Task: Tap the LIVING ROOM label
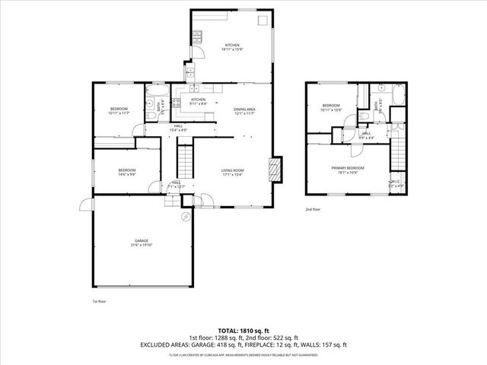coord(232,172)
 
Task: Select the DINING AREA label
coord(243,111)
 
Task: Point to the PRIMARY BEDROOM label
coord(347,170)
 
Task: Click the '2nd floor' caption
coord(313,208)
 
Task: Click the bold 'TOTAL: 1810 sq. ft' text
coord(243,330)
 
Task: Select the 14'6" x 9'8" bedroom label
coord(126,172)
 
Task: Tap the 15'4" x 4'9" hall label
coord(177,128)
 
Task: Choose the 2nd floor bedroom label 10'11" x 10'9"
coord(331,108)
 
